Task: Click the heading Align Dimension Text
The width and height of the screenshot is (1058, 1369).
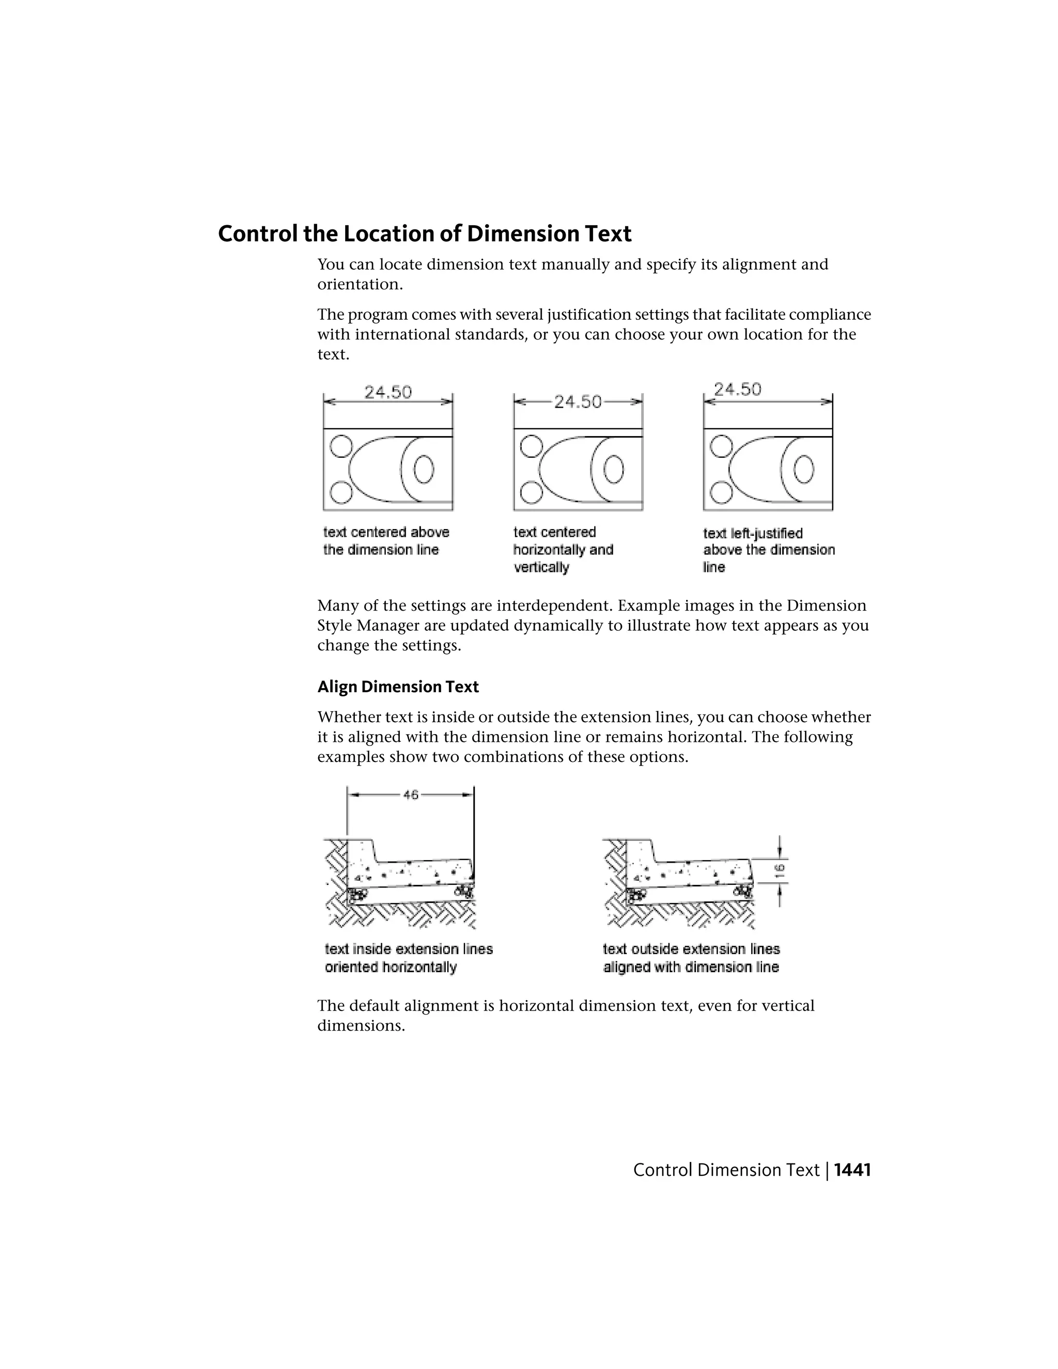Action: (x=398, y=687)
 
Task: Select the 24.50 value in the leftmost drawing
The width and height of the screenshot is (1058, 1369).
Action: (x=388, y=393)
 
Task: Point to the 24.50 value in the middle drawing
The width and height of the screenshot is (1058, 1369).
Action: (x=577, y=402)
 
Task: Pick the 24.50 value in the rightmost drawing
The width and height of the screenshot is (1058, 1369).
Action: (x=738, y=390)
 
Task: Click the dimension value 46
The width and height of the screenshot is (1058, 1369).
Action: (x=411, y=795)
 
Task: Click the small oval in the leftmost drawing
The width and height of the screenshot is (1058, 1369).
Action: (x=424, y=469)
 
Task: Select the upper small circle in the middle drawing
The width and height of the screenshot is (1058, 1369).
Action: (x=531, y=446)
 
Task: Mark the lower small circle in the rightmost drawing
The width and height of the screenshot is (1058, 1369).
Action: (x=721, y=493)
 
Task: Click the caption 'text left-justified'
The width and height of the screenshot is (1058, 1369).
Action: (x=753, y=534)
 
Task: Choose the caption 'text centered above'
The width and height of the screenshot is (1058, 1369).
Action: (x=386, y=532)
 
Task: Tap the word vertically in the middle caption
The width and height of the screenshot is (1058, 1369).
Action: (x=541, y=567)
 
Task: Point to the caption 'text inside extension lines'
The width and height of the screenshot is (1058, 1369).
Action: (x=409, y=949)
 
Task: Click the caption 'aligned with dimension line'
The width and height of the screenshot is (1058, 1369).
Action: (x=691, y=967)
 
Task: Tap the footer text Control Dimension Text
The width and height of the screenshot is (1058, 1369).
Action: (x=726, y=1170)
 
